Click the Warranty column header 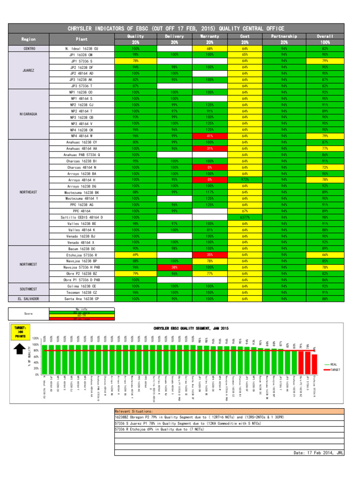(210, 36)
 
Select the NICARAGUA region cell (29, 114)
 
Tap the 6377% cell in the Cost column (245, 217)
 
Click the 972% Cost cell (245, 179)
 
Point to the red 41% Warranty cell (210, 136)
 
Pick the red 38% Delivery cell (174, 267)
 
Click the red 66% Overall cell (325, 255)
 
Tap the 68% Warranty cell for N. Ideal (210, 48)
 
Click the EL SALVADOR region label (29, 298)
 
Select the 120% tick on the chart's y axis (35, 337)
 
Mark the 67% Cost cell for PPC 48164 (245, 211)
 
